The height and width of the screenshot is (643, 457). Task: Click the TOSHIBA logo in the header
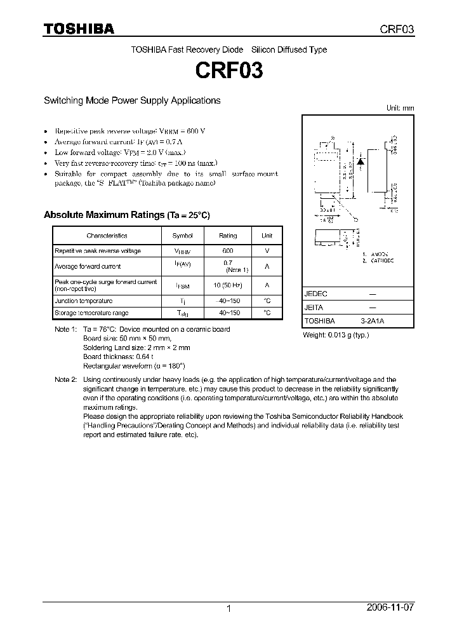(79, 29)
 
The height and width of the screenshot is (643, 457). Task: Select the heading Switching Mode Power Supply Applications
(131, 100)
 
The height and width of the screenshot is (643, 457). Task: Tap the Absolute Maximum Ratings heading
(126, 215)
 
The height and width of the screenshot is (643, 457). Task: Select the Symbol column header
(182, 236)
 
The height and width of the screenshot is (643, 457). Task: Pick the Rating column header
(228, 236)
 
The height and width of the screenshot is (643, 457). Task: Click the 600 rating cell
(228, 251)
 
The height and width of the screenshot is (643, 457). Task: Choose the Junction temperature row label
(83, 301)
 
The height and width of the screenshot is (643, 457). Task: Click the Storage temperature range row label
(91, 313)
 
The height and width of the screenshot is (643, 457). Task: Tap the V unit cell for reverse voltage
(267, 251)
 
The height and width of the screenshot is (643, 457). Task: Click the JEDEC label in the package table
(315, 294)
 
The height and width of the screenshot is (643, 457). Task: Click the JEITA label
(314, 308)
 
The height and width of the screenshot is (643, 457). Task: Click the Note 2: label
(65, 379)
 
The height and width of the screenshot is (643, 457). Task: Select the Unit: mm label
(400, 108)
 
